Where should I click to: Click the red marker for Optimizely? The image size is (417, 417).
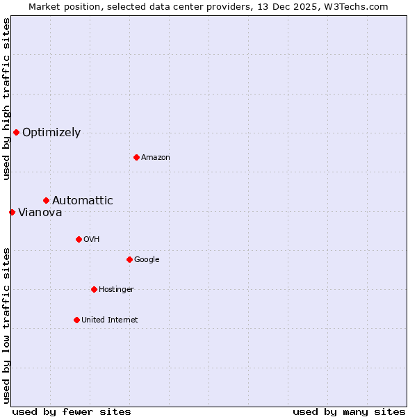pyautogui.click(x=16, y=132)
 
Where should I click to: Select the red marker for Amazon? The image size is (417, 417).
pyautogui.click(x=136, y=157)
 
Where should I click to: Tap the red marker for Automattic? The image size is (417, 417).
pyautogui.click(x=46, y=200)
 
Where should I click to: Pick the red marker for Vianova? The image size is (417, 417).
pyautogui.click(x=12, y=212)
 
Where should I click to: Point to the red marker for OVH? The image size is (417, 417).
pyautogui.click(x=79, y=239)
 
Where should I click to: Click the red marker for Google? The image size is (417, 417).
pyautogui.click(x=129, y=259)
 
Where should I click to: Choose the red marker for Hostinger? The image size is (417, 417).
pyautogui.click(x=94, y=289)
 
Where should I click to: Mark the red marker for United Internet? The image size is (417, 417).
pyautogui.click(x=76, y=320)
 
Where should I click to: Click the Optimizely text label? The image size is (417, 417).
pyautogui.click(x=51, y=133)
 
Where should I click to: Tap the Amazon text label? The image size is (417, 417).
pyautogui.click(x=156, y=158)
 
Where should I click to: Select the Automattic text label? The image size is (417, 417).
pyautogui.click(x=83, y=201)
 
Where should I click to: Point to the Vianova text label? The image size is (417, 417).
pyautogui.click(x=40, y=213)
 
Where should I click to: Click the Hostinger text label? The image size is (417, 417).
pyautogui.click(x=116, y=290)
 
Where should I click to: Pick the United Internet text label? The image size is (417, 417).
pyautogui.click(x=110, y=320)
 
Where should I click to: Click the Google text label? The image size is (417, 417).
pyautogui.click(x=147, y=260)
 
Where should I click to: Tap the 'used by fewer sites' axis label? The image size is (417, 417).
pyautogui.click(x=72, y=411)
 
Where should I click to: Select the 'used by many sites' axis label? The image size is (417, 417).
pyautogui.click(x=349, y=411)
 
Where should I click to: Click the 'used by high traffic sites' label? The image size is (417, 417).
pyautogui.click(x=6, y=99)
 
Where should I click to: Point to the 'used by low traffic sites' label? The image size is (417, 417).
pyautogui.click(x=6, y=325)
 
